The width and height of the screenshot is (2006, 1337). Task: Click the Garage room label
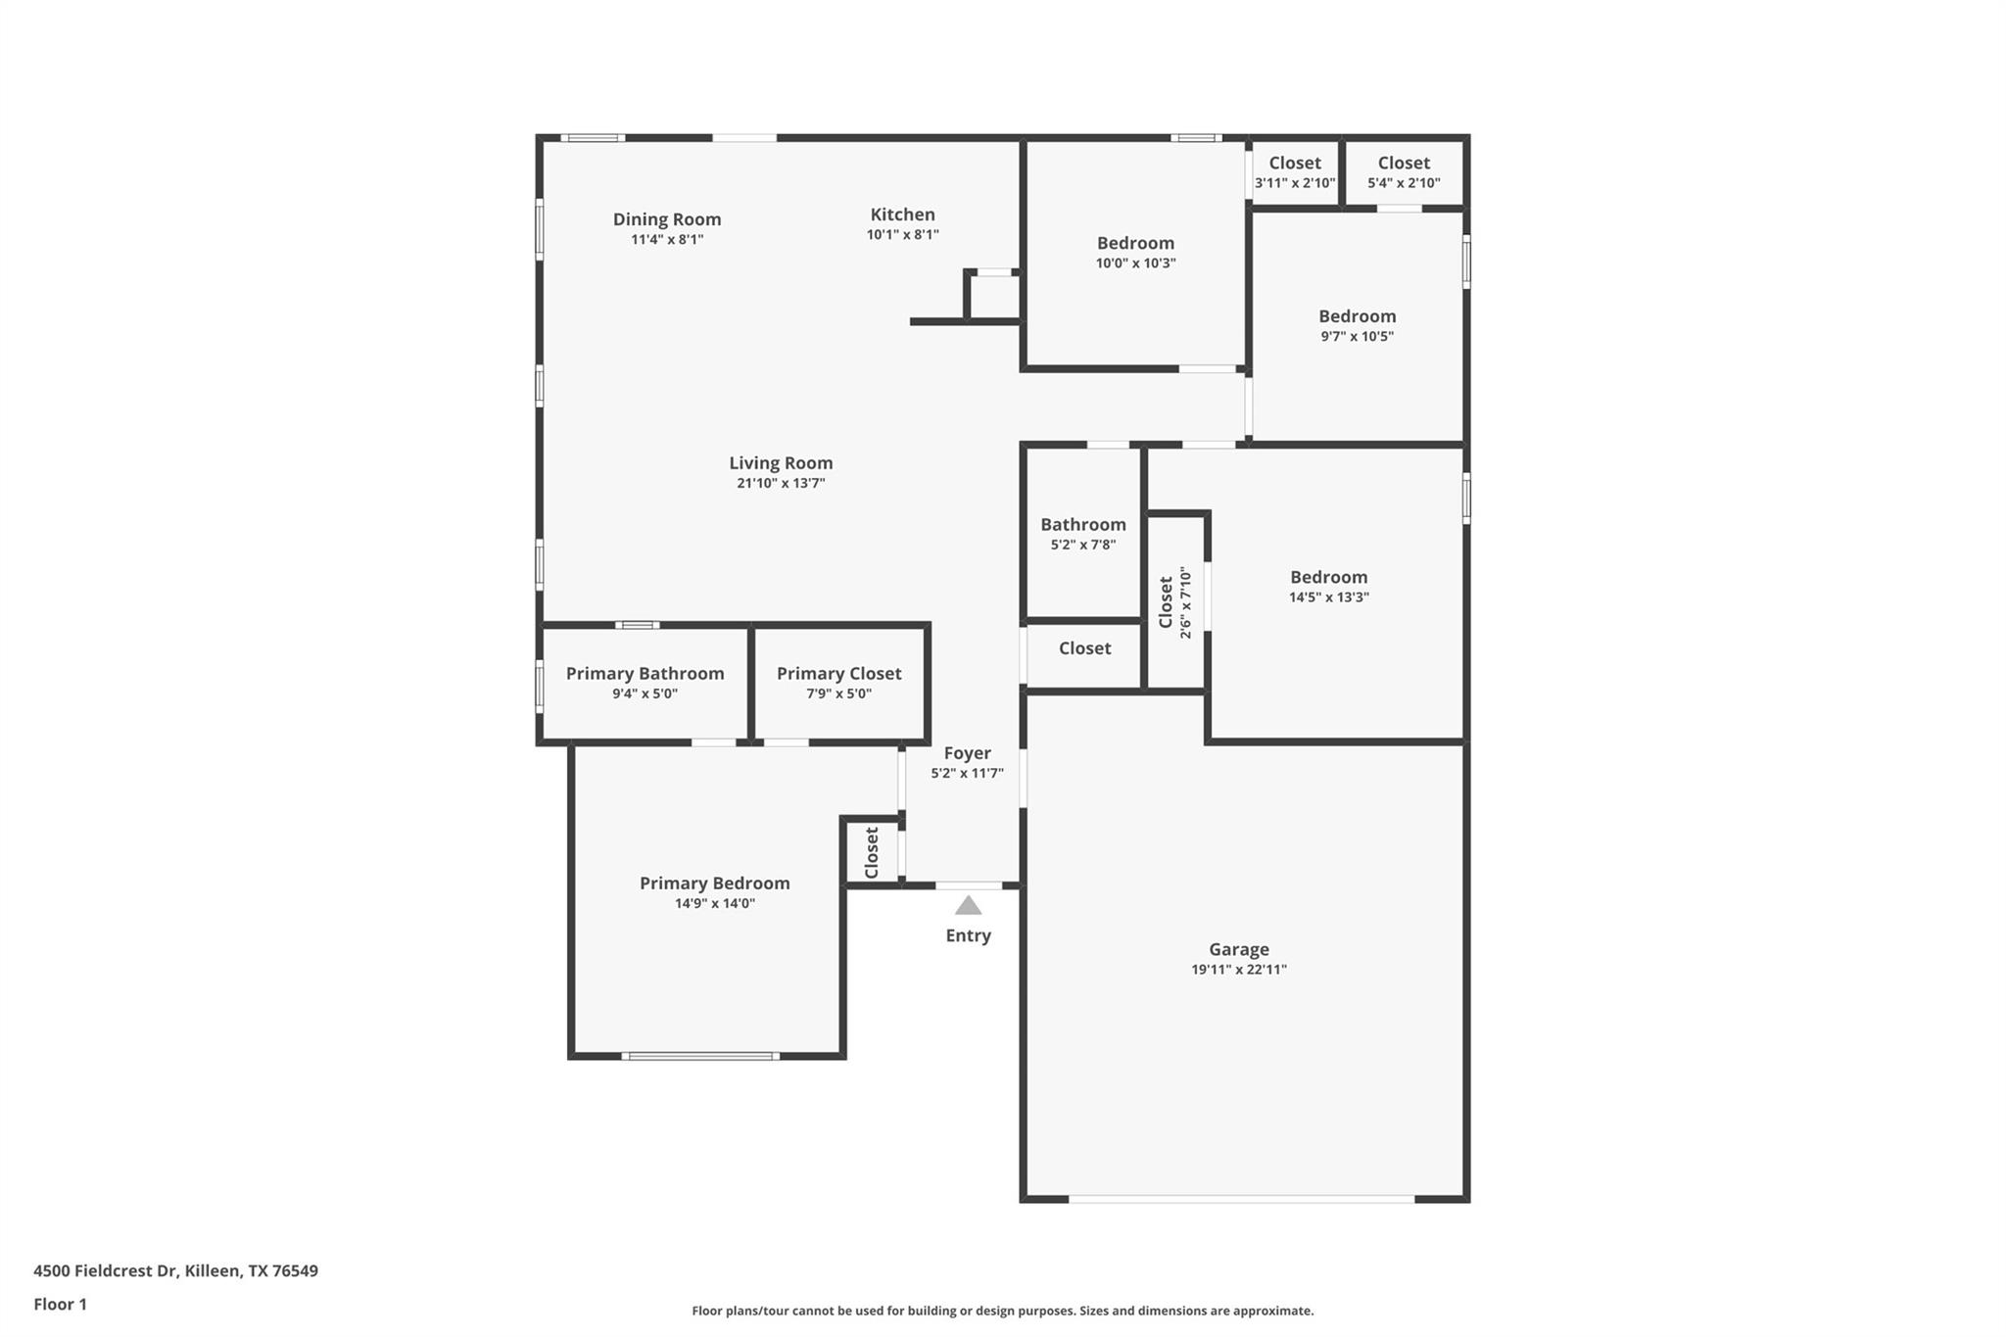click(1238, 949)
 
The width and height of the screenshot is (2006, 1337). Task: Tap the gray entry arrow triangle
click(968, 906)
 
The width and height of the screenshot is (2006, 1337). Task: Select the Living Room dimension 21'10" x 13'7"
click(781, 483)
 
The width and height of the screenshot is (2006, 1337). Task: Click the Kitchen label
click(902, 215)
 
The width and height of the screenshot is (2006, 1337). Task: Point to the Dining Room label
click(667, 219)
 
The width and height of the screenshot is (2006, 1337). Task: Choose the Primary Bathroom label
click(645, 674)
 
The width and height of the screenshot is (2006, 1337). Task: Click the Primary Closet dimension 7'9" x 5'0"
click(838, 693)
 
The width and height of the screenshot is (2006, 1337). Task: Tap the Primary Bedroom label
click(714, 883)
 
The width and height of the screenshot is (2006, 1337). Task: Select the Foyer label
click(967, 753)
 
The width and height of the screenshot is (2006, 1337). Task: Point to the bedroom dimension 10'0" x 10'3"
click(1135, 263)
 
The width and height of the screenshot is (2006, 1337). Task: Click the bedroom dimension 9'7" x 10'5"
click(1357, 336)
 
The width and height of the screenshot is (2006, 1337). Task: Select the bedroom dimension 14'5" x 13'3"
click(1328, 597)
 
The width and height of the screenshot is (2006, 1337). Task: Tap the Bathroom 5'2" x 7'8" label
click(1082, 525)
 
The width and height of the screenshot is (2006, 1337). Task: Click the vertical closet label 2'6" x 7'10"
click(1175, 601)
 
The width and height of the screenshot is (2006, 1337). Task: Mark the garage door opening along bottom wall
click(1241, 1199)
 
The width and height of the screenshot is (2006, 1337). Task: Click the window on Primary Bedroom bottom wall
click(700, 1056)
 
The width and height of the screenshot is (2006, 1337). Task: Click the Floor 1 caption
click(60, 1304)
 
